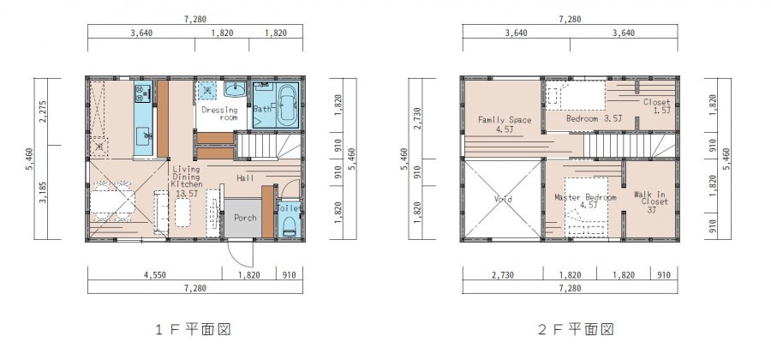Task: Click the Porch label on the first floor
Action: tap(245, 218)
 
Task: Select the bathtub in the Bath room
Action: tap(287, 105)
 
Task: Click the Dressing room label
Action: tap(219, 114)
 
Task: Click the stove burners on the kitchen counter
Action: tap(143, 94)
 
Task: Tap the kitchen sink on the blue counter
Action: tap(144, 136)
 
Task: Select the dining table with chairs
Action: tap(112, 201)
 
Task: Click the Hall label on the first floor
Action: tap(245, 177)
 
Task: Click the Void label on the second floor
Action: tap(503, 199)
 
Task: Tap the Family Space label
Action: tap(505, 124)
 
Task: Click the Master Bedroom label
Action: tap(585, 201)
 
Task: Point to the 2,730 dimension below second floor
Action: tap(503, 275)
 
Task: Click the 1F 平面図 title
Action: tap(193, 329)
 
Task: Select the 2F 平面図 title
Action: tap(576, 329)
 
